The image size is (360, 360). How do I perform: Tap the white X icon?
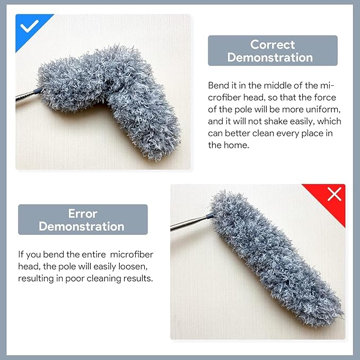(x=334, y=195)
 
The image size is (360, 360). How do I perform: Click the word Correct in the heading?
(x=273, y=45)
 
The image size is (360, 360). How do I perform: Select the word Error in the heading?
(x=83, y=214)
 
